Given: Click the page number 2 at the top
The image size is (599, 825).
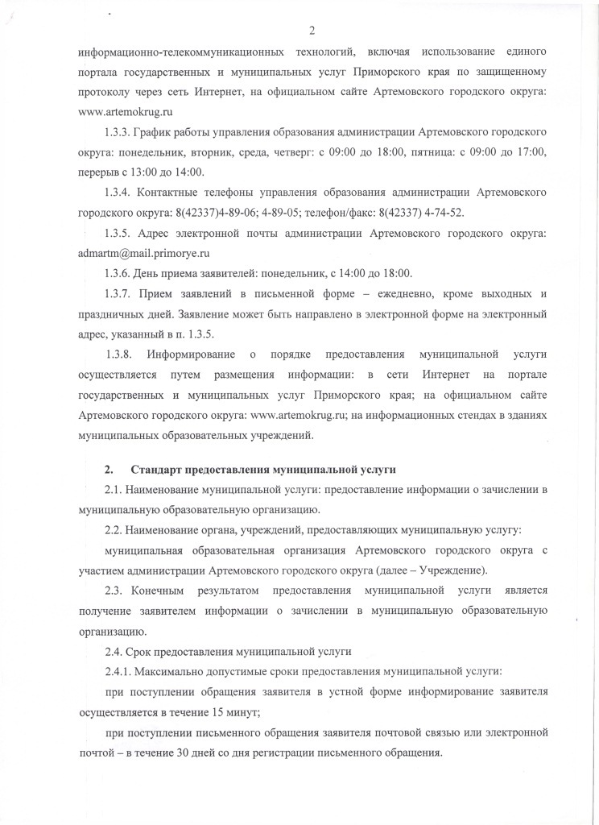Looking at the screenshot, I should click(311, 31).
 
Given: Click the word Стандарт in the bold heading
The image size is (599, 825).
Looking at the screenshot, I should click(156, 469).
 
